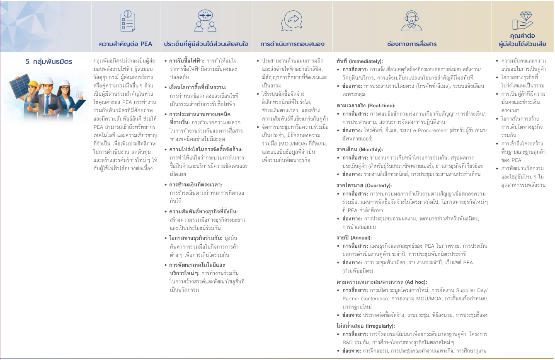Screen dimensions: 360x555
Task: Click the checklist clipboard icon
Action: pos(127,21)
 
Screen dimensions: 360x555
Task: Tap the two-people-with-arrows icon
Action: pos(206,21)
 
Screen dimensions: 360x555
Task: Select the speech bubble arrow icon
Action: pos(292,21)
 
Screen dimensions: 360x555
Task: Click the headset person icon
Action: pos(411,21)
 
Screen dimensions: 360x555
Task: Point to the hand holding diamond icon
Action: pos(522,20)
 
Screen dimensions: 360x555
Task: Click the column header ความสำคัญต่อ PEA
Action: pos(126,43)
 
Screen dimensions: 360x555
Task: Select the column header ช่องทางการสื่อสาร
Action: pos(412,43)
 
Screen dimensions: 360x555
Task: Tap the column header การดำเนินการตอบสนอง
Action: pos(292,43)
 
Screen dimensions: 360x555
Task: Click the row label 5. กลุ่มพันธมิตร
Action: pos(48,62)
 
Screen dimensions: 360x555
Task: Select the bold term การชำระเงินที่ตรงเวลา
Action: pos(196,184)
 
